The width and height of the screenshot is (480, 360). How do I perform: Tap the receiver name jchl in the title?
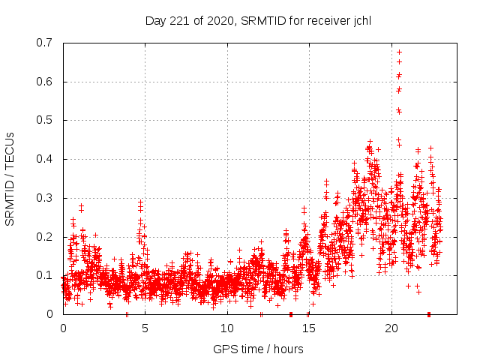coord(358,20)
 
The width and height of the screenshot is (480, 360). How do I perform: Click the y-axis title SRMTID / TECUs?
coord(10,178)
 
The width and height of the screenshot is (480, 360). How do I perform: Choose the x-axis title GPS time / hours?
coord(258,349)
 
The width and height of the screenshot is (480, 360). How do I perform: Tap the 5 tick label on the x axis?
coord(145,328)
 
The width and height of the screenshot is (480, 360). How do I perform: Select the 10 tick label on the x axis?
coord(226,328)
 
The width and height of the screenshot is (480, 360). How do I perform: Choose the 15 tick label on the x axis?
coord(309,328)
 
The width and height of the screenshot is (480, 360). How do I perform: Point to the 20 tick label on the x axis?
coord(391,328)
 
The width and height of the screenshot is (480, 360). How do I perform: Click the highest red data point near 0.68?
coord(399,52)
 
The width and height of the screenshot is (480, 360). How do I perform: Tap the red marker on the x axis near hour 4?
coord(127,313)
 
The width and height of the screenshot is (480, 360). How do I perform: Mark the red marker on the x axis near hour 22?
coord(428,313)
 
